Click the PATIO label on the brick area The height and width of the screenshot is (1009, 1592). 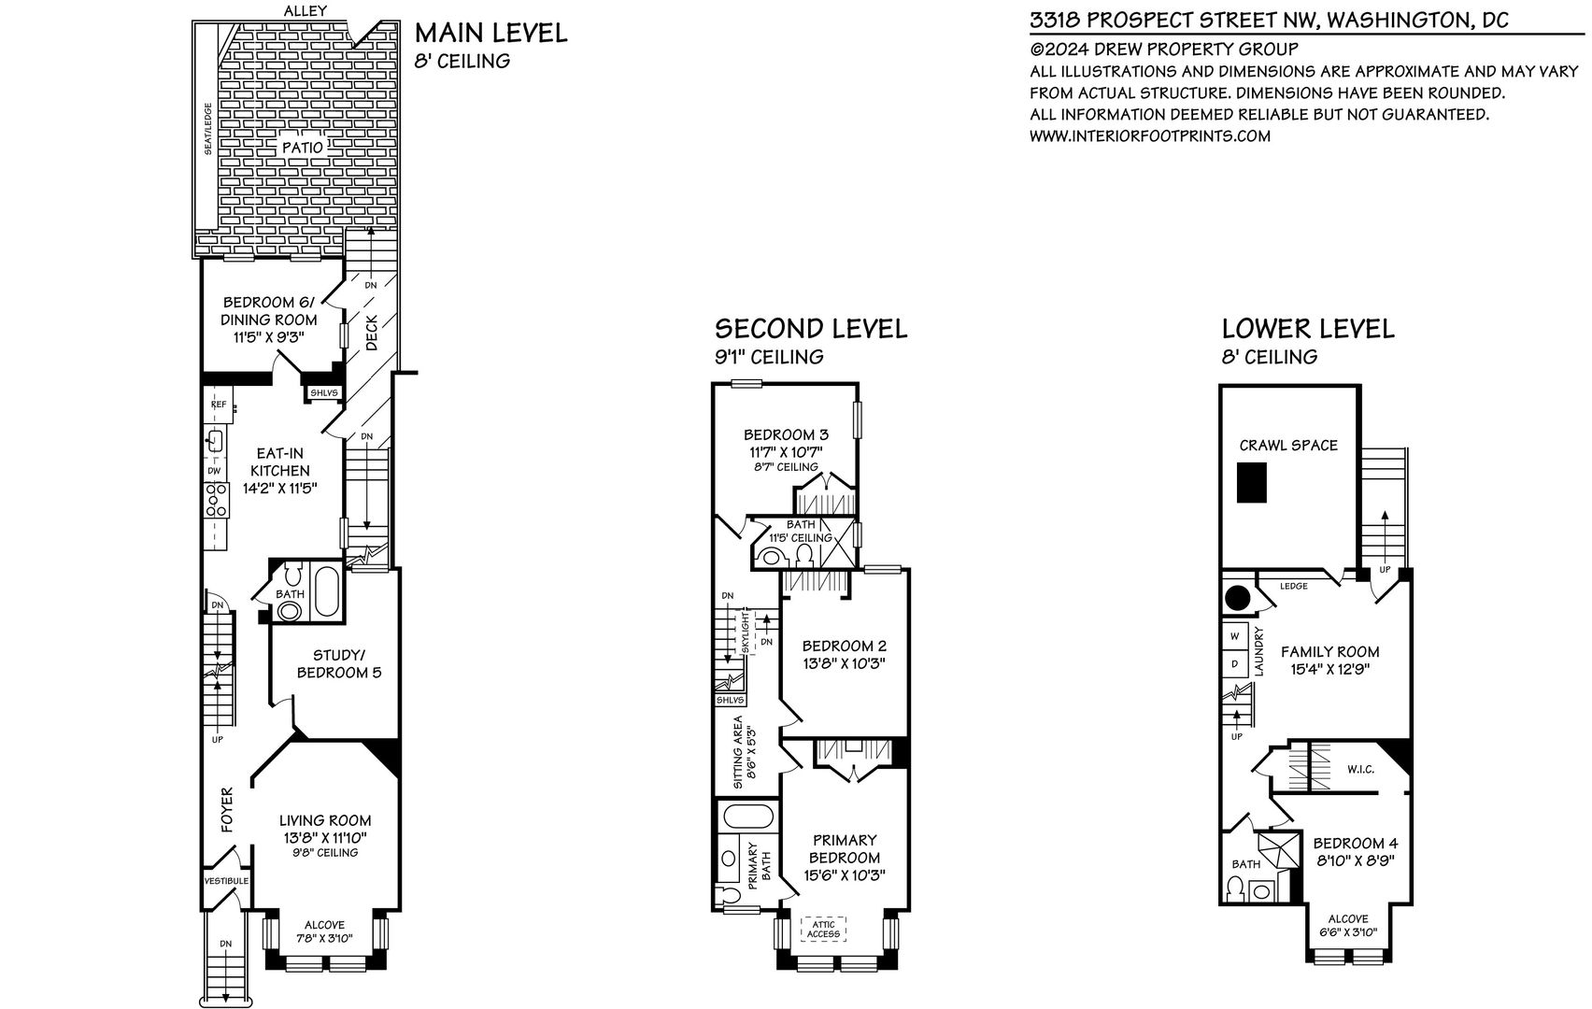(303, 147)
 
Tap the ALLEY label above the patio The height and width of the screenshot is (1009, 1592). (306, 10)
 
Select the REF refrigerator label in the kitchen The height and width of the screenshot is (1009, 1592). (219, 405)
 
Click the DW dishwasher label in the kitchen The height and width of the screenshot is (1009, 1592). (214, 470)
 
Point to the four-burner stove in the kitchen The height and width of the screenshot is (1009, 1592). (216, 500)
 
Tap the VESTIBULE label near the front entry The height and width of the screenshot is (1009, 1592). (227, 881)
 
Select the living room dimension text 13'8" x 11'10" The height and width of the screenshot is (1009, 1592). (325, 838)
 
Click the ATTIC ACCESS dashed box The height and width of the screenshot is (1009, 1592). (824, 929)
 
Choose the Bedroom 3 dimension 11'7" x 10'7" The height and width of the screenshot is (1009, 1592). (786, 451)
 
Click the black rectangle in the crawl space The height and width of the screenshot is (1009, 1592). (1252, 482)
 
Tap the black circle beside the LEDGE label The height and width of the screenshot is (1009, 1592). (1237, 598)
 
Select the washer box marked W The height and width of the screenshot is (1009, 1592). (1234, 636)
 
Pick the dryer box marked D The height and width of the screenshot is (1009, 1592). (1234, 663)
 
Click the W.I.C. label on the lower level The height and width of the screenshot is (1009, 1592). (1360, 770)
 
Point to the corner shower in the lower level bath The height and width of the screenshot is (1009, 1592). (1279, 850)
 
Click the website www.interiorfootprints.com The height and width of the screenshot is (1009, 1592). (1150, 135)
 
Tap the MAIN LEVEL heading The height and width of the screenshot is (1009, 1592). (491, 33)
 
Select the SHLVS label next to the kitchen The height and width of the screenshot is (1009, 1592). (324, 393)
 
